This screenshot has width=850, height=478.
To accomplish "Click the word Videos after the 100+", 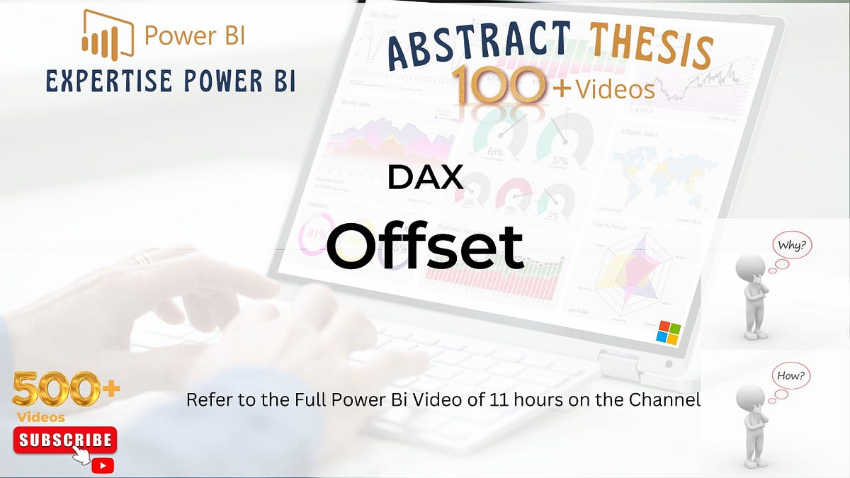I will click(614, 89).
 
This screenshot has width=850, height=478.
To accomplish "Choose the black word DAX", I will click(425, 177).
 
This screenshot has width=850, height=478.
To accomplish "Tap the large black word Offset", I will click(425, 245).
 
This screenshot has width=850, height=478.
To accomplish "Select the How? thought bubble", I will click(790, 377).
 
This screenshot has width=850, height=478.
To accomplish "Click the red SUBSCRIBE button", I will click(64, 440).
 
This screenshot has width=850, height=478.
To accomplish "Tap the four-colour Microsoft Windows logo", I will click(668, 332).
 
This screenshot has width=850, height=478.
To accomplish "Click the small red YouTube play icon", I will click(103, 465).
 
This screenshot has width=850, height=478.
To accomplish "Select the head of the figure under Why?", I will click(749, 268).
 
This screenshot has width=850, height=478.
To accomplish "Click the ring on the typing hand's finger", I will click(142, 259).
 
